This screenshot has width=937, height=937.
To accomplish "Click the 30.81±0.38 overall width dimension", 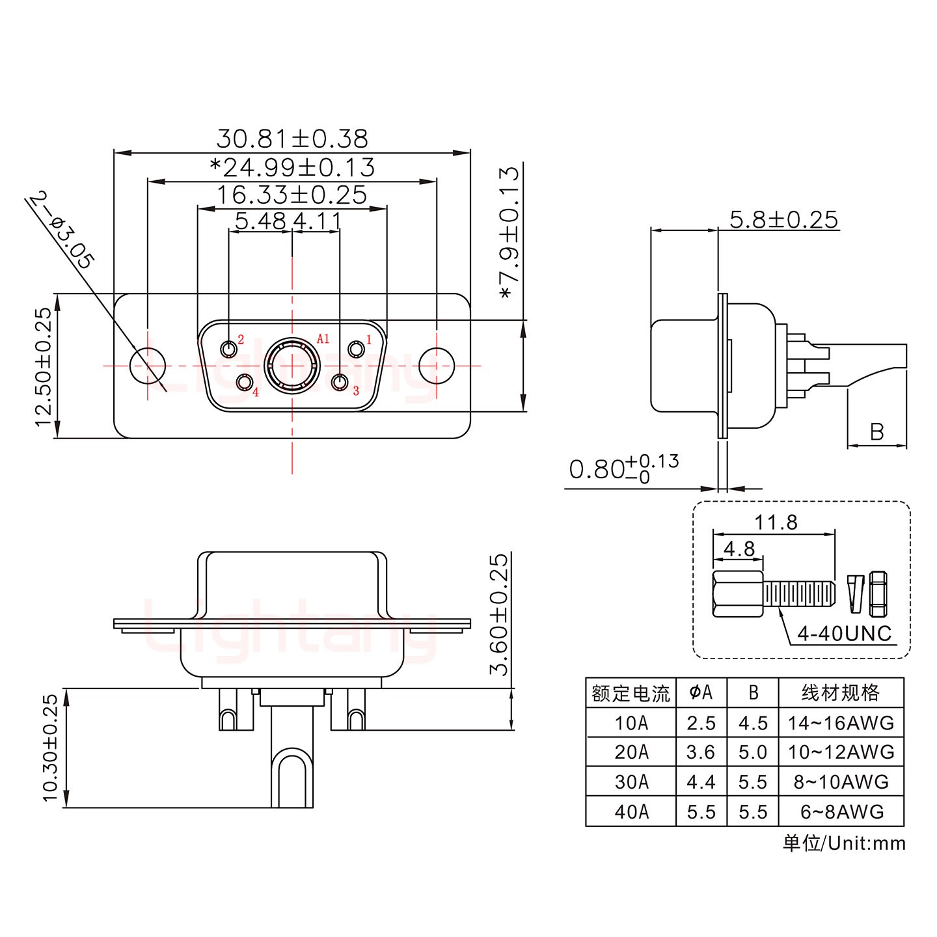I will coord(292,139).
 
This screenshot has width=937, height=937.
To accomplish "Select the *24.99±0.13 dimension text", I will coord(292,168).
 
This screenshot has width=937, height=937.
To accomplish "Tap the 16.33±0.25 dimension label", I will coord(292,195).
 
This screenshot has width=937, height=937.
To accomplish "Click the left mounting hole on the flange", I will coord(148,366).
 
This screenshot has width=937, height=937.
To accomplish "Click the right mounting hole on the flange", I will coord(436,366).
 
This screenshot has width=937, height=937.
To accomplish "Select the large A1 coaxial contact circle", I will coord(292,366).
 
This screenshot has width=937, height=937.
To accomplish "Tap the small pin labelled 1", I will coord(356,349).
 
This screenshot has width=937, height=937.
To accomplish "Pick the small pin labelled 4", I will coord(245,383).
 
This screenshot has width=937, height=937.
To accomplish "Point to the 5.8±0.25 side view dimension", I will coord(783,220).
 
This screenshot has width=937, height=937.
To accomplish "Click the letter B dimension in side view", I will coord(876,432).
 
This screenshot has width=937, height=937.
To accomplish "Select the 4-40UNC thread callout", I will coord(844,633).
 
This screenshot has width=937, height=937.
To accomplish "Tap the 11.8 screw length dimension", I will coord(776,522).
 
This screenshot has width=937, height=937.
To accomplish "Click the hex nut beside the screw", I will coord(878,593).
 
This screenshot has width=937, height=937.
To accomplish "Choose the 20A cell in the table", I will coord(631,752).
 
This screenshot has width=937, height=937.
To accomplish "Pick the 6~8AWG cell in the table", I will coord(840,811).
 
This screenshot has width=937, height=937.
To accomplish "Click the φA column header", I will coord(701,693).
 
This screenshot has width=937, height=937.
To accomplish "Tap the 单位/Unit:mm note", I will coord(843,844).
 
